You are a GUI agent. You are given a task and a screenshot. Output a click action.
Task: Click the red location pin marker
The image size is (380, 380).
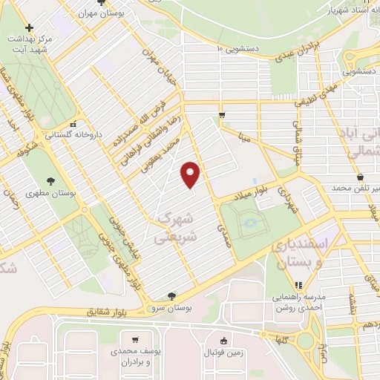(x=191, y=174)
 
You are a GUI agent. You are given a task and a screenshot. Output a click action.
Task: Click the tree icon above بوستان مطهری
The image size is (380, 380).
(x=50, y=180)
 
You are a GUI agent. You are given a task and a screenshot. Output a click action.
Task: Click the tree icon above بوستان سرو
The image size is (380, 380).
(x=171, y=295)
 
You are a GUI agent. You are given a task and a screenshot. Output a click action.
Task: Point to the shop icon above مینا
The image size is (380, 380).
(x=221, y=114)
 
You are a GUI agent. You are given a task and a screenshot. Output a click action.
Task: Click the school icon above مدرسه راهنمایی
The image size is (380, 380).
(x=298, y=284)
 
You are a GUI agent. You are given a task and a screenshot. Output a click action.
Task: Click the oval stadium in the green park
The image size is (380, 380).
(x=249, y=220)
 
